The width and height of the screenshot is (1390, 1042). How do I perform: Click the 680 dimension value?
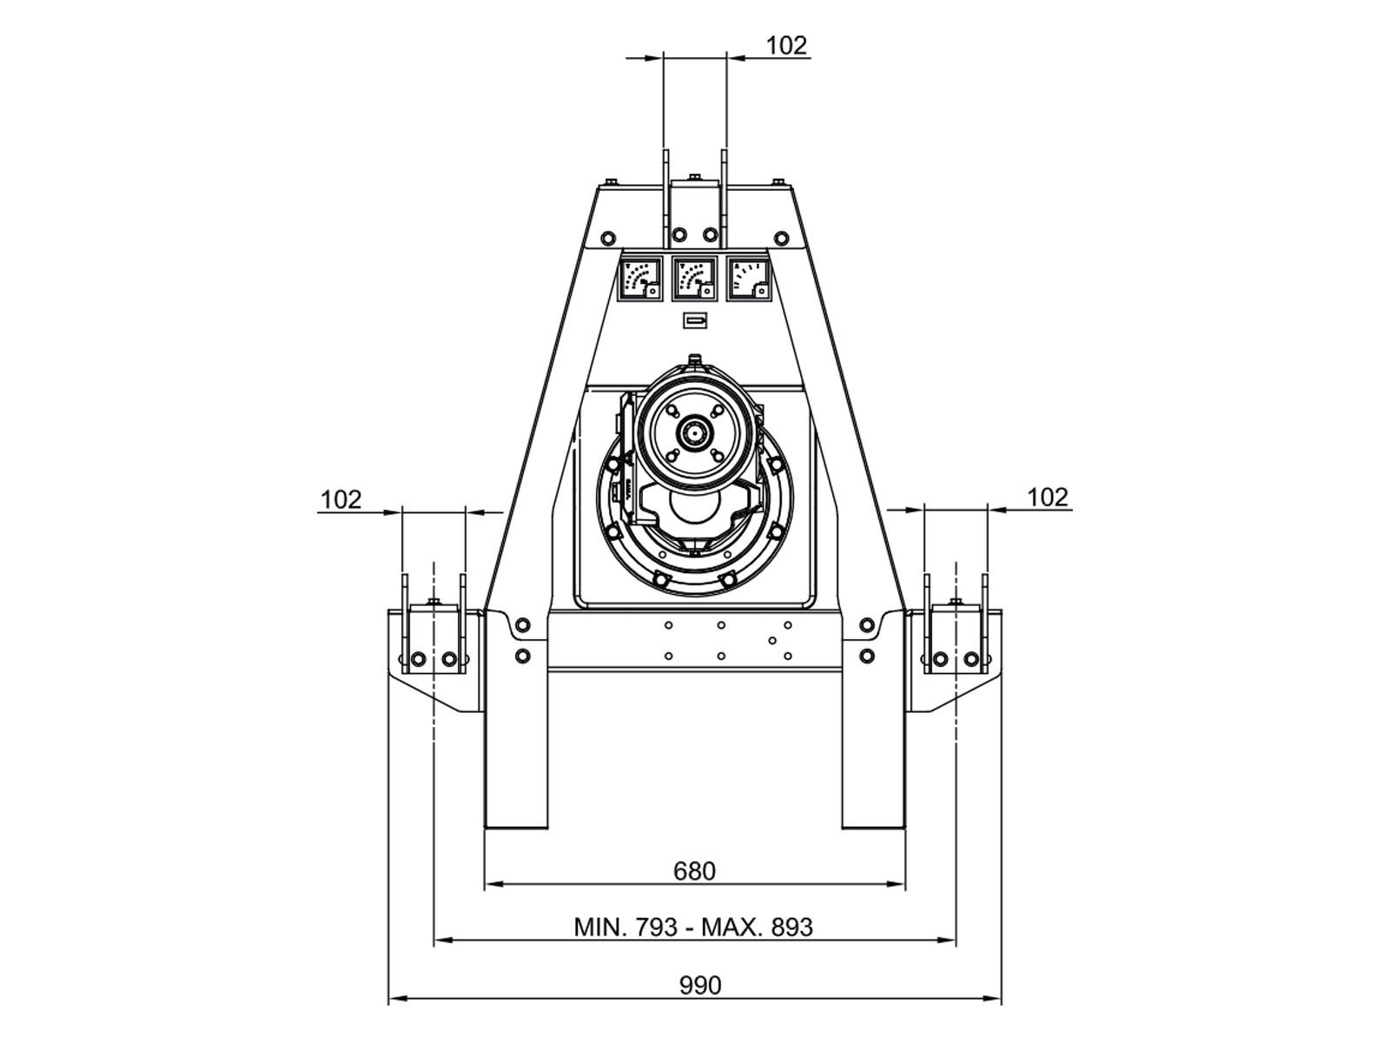[694, 871]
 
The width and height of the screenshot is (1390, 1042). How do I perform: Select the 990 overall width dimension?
[699, 985]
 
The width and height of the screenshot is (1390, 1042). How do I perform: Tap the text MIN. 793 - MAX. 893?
[693, 927]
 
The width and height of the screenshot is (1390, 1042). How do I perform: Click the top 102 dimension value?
[787, 45]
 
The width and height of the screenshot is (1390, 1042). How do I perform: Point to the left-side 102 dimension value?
[341, 500]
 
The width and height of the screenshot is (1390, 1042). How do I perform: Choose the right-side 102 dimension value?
[1048, 498]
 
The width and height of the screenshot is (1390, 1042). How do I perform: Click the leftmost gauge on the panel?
[639, 279]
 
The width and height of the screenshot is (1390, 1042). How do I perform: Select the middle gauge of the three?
[694, 279]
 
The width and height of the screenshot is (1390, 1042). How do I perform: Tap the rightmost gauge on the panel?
[749, 279]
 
